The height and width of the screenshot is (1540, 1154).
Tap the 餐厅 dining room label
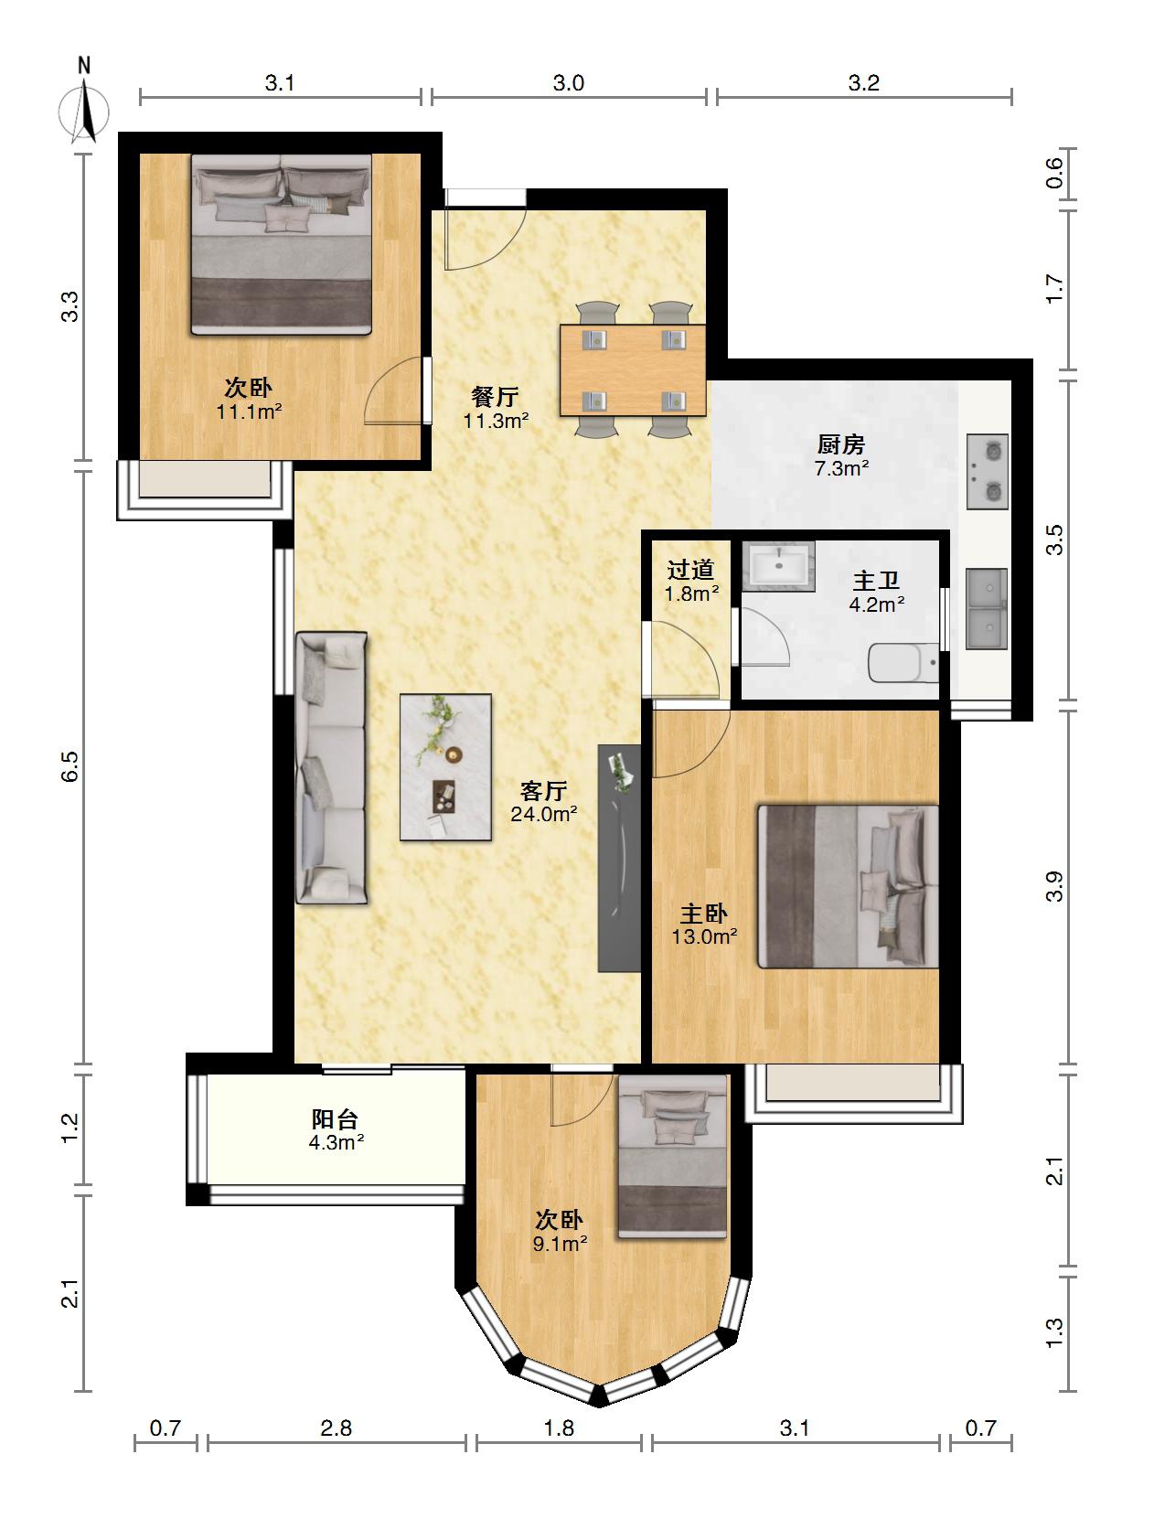click(x=496, y=397)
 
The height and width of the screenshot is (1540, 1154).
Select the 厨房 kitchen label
click(x=841, y=445)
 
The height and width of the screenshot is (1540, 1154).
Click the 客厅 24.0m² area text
click(x=543, y=802)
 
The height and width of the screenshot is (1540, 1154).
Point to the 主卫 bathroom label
click(x=876, y=581)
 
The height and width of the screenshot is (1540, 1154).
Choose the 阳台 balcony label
click(x=336, y=1119)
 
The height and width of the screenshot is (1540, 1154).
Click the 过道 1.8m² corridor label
click(x=690, y=582)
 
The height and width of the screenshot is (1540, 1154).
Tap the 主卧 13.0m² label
click(x=704, y=925)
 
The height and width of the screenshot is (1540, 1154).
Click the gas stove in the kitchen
click(x=988, y=472)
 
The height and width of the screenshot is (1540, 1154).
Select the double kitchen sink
click(x=988, y=609)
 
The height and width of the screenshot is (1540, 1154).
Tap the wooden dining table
click(x=633, y=370)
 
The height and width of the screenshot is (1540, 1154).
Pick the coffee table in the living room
click(x=445, y=767)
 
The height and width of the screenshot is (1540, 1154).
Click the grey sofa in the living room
click(x=331, y=768)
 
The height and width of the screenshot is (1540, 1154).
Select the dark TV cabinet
click(x=619, y=858)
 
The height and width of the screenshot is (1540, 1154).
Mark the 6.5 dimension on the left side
click(x=70, y=765)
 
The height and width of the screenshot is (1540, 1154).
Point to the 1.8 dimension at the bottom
click(x=559, y=1428)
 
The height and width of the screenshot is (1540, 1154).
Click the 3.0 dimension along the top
click(x=568, y=83)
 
